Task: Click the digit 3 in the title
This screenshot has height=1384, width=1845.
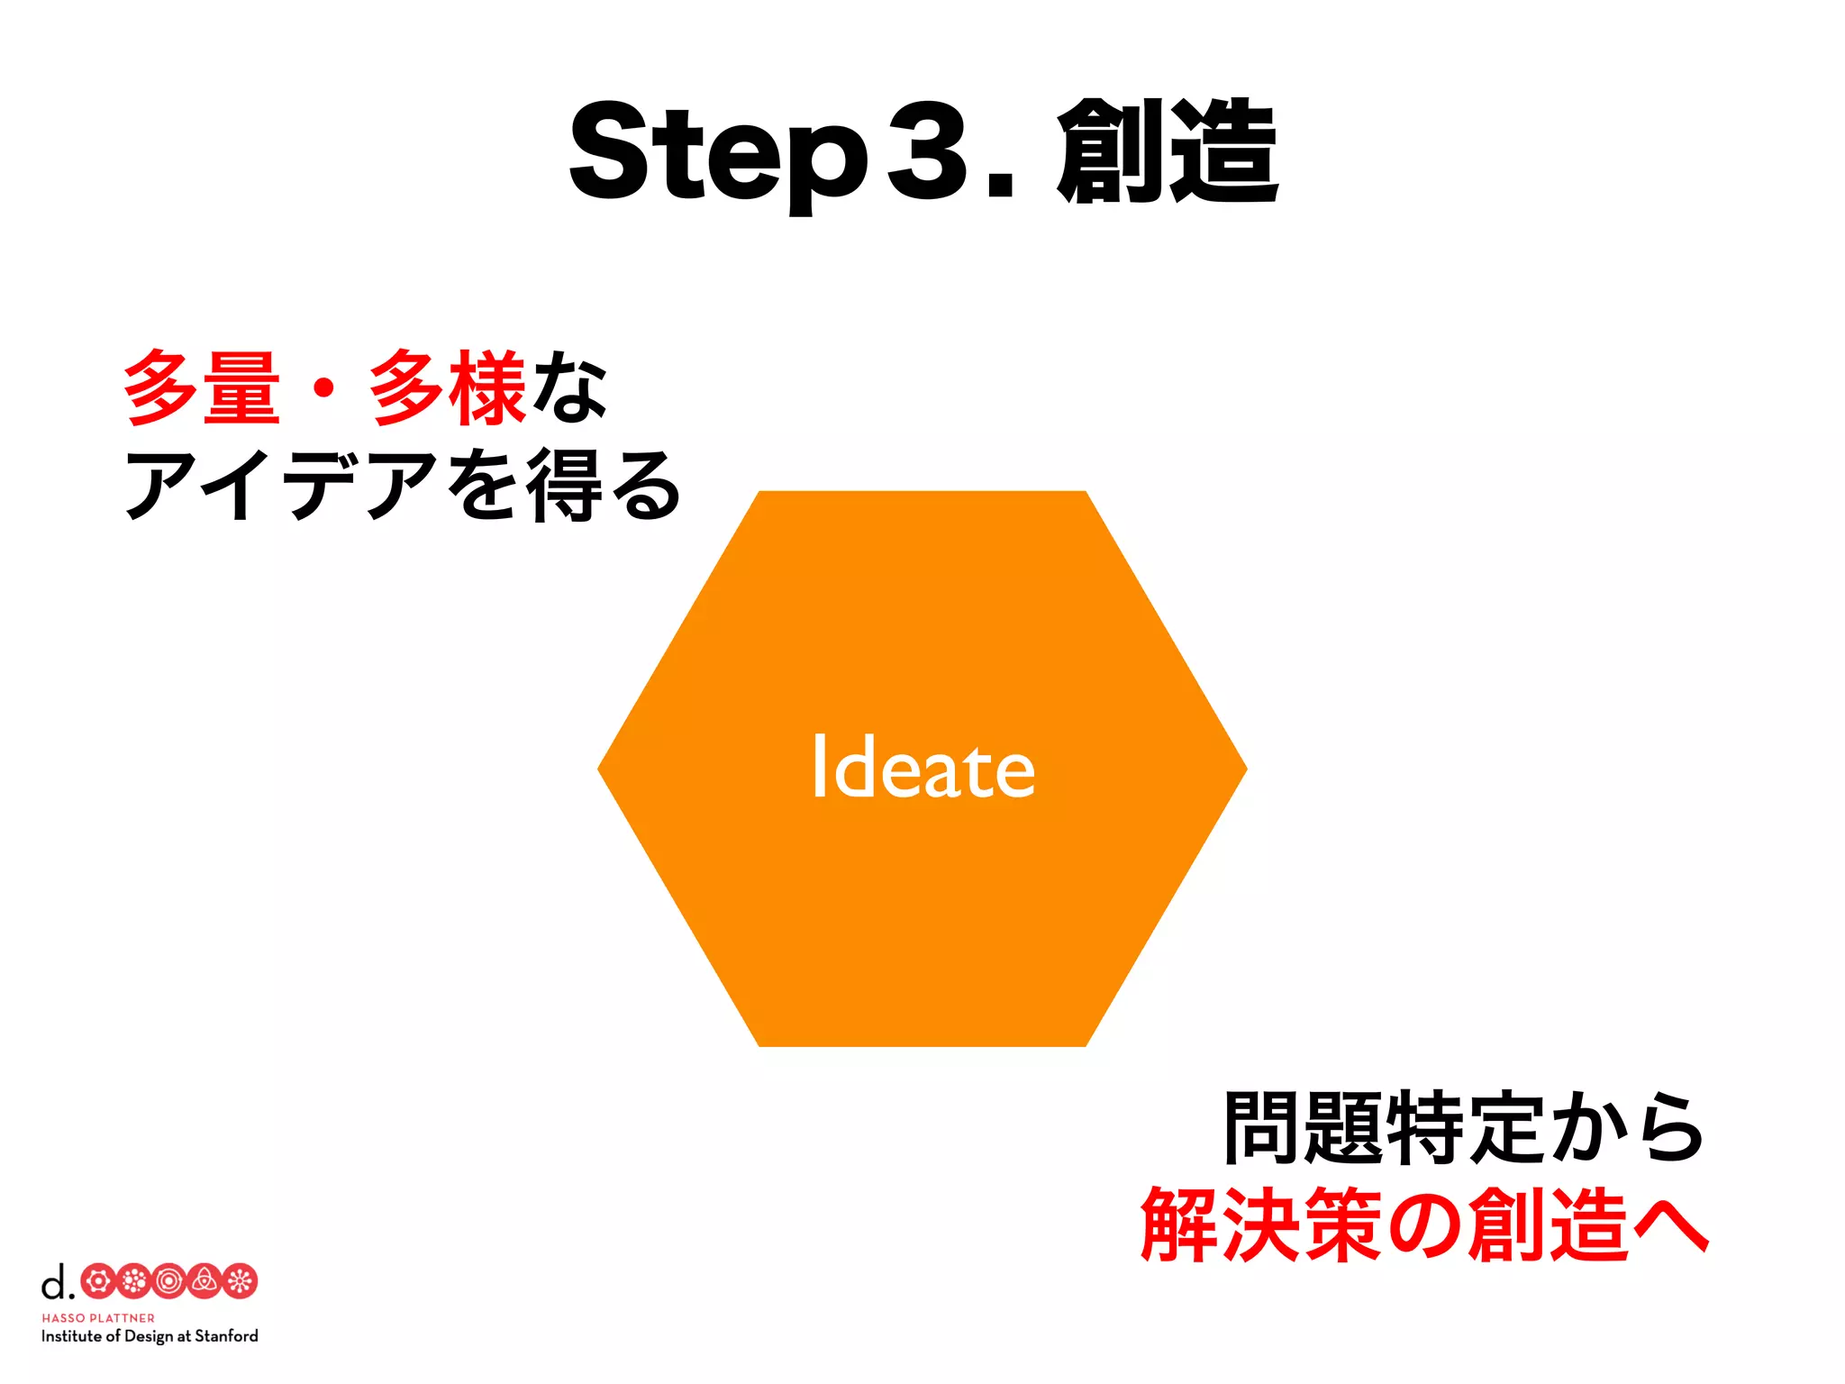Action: pyautogui.click(x=928, y=151)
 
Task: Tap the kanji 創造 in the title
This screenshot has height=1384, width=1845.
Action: pyautogui.click(x=1168, y=151)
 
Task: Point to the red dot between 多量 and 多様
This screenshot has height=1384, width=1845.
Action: pyautogui.click(x=324, y=389)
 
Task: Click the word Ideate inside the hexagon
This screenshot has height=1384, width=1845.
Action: pyautogui.click(x=922, y=769)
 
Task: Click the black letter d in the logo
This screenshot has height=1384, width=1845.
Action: pyautogui.click(x=55, y=1281)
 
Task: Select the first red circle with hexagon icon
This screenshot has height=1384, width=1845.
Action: pyautogui.click(x=98, y=1281)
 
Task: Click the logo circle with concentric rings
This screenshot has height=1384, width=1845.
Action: pyautogui.click(x=168, y=1281)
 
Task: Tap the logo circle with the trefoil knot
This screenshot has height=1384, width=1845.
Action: pyautogui.click(x=204, y=1281)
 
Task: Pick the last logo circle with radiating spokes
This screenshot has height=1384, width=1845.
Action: pyautogui.click(x=240, y=1281)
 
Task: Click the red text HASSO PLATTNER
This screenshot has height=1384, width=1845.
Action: pyautogui.click(x=98, y=1318)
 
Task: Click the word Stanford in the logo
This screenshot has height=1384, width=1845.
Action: pyautogui.click(x=226, y=1336)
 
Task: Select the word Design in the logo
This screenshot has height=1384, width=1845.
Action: pyautogui.click(x=148, y=1336)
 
